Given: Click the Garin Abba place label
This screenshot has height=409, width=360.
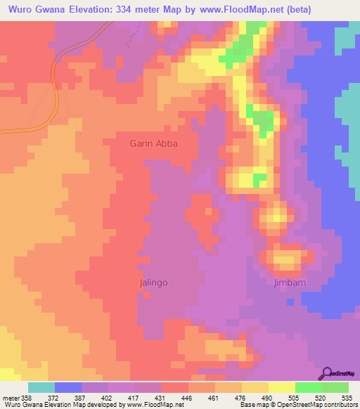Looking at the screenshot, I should point(153,143).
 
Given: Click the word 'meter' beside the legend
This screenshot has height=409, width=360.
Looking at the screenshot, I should point(9,398).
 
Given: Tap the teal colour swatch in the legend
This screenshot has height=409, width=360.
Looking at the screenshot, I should point(41,387).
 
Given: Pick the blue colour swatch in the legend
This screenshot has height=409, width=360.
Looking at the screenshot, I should point(68,387).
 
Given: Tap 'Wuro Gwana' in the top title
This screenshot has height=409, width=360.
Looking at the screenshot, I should point(33,9).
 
